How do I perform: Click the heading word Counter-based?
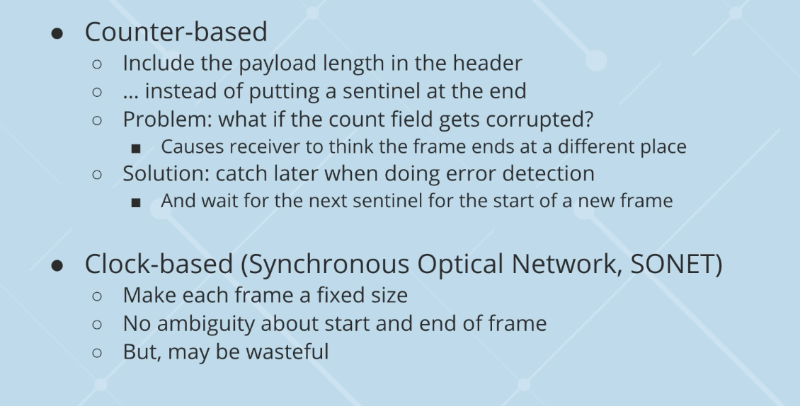click(176, 33)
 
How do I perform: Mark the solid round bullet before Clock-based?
click(59, 265)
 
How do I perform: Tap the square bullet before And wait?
click(136, 202)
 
